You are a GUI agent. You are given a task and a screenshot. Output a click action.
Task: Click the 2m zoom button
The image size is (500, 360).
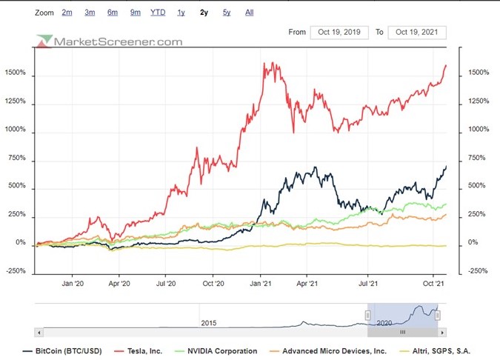pyautogui.click(x=67, y=13)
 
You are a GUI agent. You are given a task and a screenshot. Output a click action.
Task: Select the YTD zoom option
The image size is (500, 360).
pyautogui.click(x=158, y=13)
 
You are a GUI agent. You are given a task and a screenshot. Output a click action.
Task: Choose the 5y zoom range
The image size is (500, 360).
pyautogui.click(x=227, y=13)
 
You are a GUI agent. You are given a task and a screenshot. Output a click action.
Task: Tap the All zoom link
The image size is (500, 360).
pyautogui.click(x=249, y=13)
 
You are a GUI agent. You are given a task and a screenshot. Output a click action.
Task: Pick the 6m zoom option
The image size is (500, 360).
pyautogui.click(x=113, y=13)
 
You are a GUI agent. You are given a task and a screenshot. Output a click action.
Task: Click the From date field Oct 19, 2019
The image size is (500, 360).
pyautogui.click(x=339, y=32)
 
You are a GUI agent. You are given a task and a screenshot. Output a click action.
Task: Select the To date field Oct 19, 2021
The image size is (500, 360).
pyautogui.click(x=418, y=32)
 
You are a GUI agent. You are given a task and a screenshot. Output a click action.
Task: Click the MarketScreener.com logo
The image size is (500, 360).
pyautogui.click(x=110, y=41)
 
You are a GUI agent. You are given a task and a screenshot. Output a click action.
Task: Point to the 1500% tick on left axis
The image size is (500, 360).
pyautogui.click(x=15, y=74)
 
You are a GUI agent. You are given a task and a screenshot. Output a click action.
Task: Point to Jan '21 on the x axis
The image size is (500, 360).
pyautogui.click(x=260, y=283)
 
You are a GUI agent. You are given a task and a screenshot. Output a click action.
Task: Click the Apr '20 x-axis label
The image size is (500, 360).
pyautogui.click(x=119, y=283)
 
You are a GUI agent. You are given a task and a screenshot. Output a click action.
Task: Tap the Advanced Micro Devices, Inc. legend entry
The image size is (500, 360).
pyautogui.click(x=329, y=350)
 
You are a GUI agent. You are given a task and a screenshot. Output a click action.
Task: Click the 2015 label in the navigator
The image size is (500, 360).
pyautogui.click(x=208, y=324)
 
